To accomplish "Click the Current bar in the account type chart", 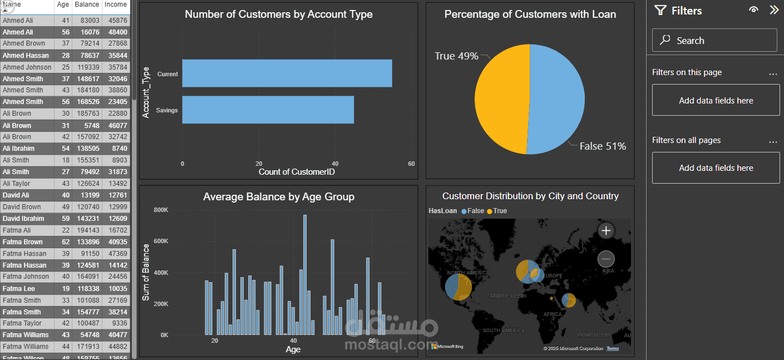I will coord(287,73).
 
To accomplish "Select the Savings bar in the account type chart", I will coord(268,110).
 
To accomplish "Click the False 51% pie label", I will coord(602,146).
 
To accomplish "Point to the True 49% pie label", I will coord(456,56).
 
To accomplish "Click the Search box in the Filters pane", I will coord(714,41).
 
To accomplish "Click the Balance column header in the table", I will coord(86,5).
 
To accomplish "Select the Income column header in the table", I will coord(116,5).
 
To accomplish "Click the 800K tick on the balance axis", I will coord(161,210).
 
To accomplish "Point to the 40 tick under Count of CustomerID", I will coord(334,164).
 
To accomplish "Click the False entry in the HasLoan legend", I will coord(472,211).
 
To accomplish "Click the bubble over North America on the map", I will coord(458,287).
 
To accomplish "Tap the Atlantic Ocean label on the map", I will coord(507,296).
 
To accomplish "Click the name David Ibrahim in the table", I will coord(23,219).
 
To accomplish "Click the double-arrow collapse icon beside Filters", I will coord(773,10).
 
